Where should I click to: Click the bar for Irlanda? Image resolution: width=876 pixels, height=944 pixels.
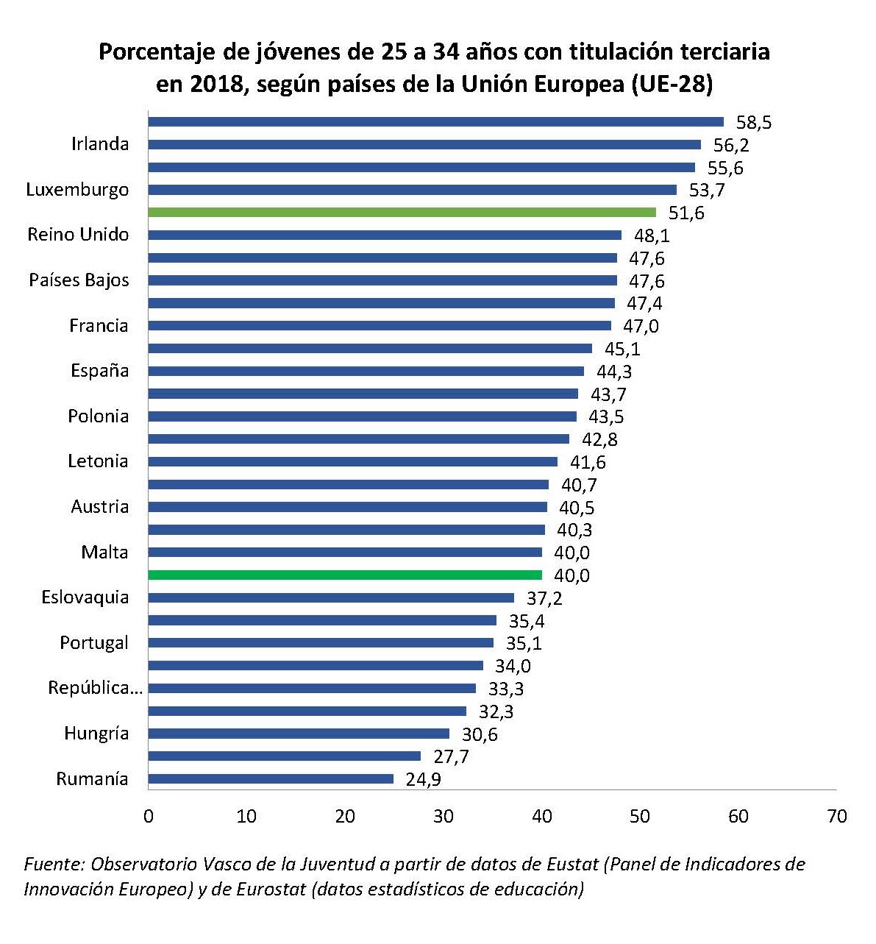pos(424,144)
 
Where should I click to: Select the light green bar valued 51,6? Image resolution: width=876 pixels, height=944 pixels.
pos(402,212)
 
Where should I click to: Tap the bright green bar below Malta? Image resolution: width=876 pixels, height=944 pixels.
pos(345,575)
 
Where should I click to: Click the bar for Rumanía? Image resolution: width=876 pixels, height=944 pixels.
pos(271,778)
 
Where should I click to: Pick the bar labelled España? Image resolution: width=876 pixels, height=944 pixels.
pos(366,371)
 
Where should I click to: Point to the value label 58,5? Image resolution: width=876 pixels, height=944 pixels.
pos(754,123)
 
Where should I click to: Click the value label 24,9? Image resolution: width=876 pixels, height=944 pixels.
pos(423,780)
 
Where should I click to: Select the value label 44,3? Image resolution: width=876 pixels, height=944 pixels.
pos(614,372)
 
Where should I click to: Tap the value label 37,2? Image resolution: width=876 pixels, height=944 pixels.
pos(544,598)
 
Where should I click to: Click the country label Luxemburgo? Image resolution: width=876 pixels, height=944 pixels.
pos(77,190)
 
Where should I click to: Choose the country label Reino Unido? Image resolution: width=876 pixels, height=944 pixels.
pos(78,235)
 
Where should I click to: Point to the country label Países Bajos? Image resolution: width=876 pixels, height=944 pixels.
pos(79,280)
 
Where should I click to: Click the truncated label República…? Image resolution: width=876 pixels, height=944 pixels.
pos(94,688)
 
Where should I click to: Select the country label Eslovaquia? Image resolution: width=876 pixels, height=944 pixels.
pos(85,597)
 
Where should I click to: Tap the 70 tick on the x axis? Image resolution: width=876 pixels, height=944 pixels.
pos(836,816)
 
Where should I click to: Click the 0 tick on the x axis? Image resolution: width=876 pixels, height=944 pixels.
pos(149,816)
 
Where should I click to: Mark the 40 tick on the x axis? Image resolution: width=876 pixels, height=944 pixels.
pos(542,816)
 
